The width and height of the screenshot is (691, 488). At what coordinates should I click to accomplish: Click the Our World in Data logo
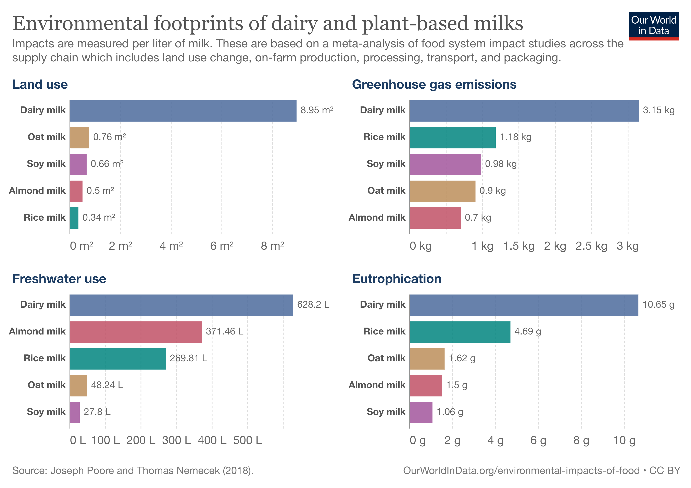pyautogui.click(x=653, y=26)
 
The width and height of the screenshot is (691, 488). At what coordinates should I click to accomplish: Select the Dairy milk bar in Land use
pyautogui.click(x=183, y=111)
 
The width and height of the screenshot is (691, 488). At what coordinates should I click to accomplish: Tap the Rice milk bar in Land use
pyautogui.click(x=74, y=218)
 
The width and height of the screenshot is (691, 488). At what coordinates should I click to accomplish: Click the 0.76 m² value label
pyautogui.click(x=110, y=137)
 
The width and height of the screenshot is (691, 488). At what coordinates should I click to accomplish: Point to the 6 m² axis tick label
pyautogui.click(x=222, y=246)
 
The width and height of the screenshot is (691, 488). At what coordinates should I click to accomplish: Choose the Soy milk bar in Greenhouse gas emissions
pyautogui.click(x=445, y=164)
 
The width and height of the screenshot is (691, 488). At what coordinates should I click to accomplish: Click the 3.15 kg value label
pyautogui.click(x=658, y=110)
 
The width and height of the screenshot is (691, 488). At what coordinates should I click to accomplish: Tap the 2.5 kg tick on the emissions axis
pyautogui.click(x=591, y=246)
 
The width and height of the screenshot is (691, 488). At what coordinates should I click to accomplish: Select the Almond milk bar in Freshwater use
pyautogui.click(x=136, y=332)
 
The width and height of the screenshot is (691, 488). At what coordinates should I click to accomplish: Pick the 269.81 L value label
pyautogui.click(x=188, y=358)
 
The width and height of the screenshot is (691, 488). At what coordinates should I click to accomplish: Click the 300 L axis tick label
pyautogui.click(x=176, y=440)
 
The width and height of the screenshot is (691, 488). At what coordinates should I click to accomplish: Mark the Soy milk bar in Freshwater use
pyautogui.click(x=75, y=412)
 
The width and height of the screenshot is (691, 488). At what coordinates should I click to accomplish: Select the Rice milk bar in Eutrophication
pyautogui.click(x=460, y=332)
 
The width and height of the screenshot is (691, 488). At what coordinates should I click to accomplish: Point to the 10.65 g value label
pyautogui.click(x=658, y=305)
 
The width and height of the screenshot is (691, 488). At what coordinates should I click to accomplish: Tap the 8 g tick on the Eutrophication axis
pyautogui.click(x=581, y=440)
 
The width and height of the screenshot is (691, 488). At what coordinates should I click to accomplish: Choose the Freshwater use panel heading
pyautogui.click(x=59, y=279)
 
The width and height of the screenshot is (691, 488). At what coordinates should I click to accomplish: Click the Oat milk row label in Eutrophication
pyautogui.click(x=386, y=358)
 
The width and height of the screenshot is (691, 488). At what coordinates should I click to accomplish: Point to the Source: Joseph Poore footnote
pyautogui.click(x=133, y=471)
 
